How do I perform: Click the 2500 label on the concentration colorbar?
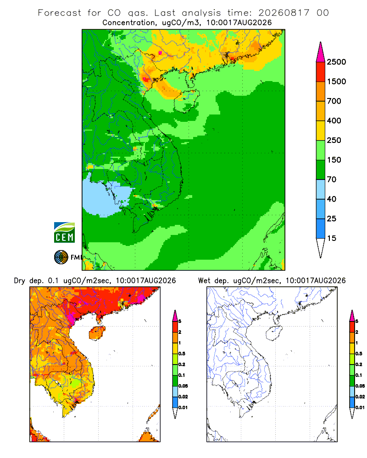[x=336, y=62]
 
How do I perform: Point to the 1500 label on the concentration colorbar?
[x=336, y=82]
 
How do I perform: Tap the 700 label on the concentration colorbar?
[x=334, y=101]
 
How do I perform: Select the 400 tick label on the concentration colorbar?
[x=334, y=120]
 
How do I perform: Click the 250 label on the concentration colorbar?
[x=334, y=140]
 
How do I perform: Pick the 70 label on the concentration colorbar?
[x=332, y=180]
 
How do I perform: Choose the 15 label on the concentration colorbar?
[x=332, y=238]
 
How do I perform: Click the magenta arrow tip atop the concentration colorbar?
[x=321, y=52]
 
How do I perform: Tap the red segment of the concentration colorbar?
[x=321, y=72]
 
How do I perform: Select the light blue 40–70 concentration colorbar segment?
[x=321, y=189]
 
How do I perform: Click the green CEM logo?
[x=64, y=233]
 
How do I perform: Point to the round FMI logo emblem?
[x=61, y=257]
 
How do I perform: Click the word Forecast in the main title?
[x=60, y=13]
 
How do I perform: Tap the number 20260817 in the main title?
[x=284, y=13]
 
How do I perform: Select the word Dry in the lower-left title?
[x=19, y=281]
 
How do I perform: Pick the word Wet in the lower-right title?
[x=204, y=281]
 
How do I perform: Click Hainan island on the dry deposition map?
[x=97, y=333]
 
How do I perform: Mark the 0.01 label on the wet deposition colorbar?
[x=360, y=408]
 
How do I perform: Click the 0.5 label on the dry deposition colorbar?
[x=182, y=354]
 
